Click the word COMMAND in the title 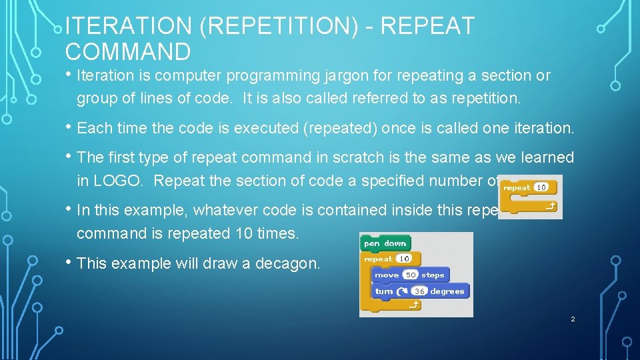tap(128, 51)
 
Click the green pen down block tap(385, 243)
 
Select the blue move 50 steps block tap(408, 275)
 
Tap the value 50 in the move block tap(411, 275)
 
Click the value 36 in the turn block tap(419, 291)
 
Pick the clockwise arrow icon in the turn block tap(401, 291)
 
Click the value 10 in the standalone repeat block tap(541, 187)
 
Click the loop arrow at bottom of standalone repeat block tap(551, 207)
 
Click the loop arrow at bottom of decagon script tap(413, 305)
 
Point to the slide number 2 tap(572, 319)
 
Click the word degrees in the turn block tap(447, 291)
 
